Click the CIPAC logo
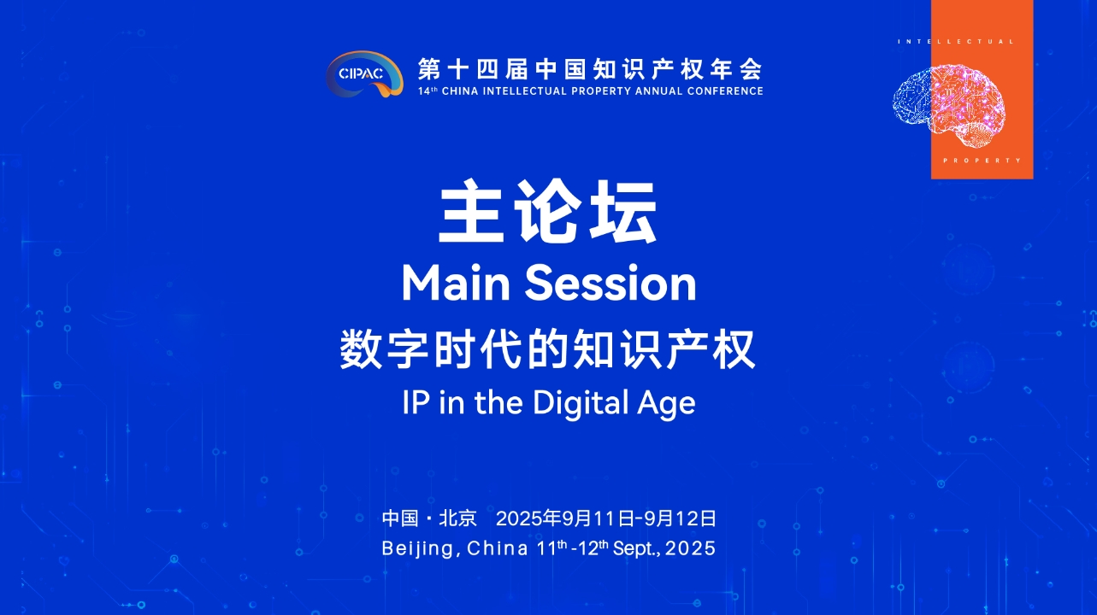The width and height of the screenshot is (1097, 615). click(364, 73)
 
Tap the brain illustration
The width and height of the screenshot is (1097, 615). click(948, 106)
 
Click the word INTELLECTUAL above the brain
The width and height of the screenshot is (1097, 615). click(955, 42)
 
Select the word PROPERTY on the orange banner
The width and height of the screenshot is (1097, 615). click(982, 161)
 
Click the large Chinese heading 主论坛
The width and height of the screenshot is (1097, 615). click(547, 211)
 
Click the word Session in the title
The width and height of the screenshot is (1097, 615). click(610, 284)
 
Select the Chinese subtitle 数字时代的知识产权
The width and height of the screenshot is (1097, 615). click(547, 349)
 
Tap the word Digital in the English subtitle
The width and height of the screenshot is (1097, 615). click(581, 403)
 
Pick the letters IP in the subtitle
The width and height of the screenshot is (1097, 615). click(416, 402)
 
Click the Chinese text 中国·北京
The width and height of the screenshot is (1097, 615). click(429, 518)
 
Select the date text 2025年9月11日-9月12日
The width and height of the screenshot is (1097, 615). click(606, 518)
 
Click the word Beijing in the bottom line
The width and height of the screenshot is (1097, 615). click(421, 548)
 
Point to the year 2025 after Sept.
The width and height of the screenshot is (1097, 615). click(691, 548)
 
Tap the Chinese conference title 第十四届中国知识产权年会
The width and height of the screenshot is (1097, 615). click(590, 69)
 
